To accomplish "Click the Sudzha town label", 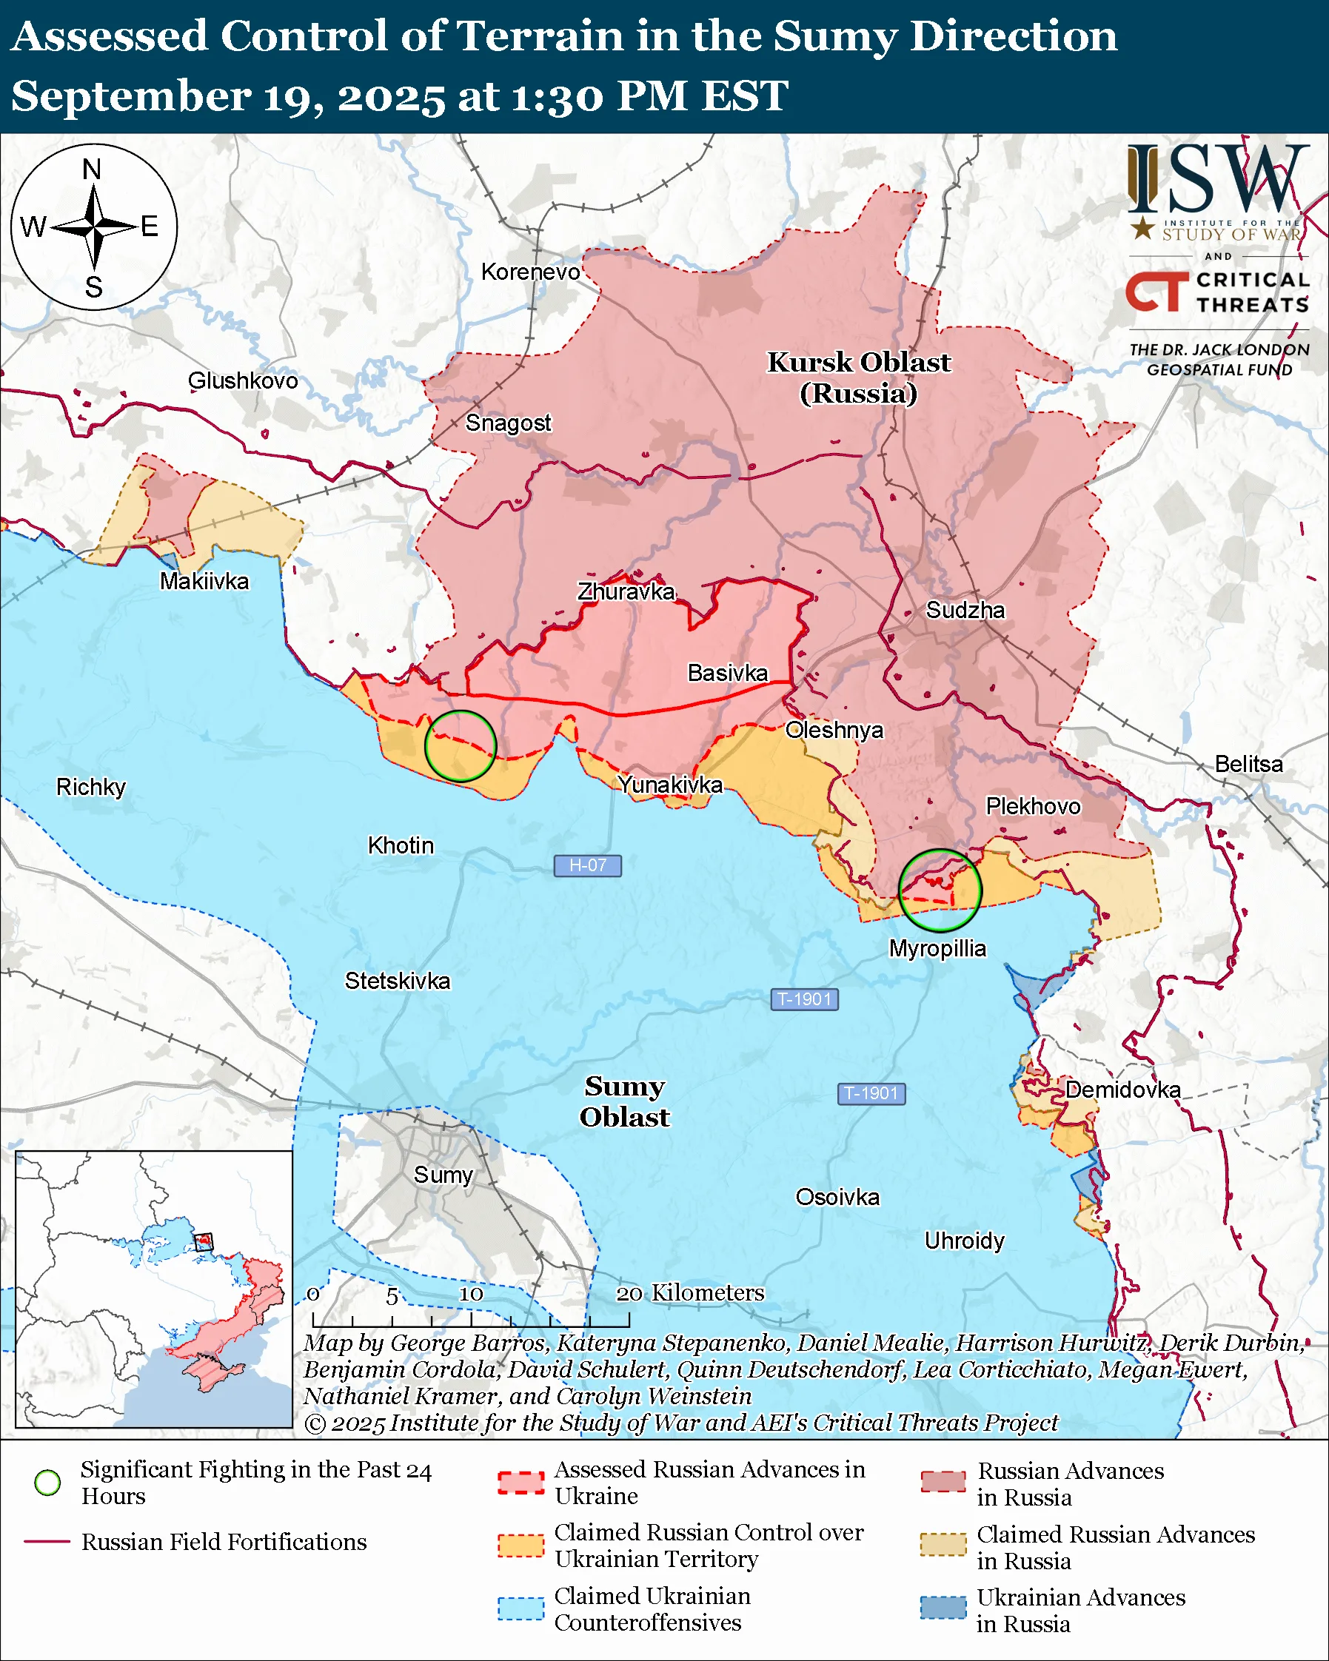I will click(965, 610).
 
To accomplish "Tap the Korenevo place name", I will click(530, 272).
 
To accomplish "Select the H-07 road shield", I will click(587, 865).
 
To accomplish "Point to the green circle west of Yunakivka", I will click(460, 746).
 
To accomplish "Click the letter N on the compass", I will click(92, 170).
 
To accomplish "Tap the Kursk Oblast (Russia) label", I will click(858, 377).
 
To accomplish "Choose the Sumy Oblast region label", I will click(624, 1101).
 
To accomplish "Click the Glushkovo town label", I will click(243, 380).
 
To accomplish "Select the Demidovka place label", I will click(1122, 1090).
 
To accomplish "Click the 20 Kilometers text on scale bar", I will click(690, 1292).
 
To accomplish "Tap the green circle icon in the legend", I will click(48, 1483).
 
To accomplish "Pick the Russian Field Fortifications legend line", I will click(48, 1542).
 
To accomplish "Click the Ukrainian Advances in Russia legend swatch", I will click(943, 1608).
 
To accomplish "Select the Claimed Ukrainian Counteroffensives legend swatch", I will click(520, 1608).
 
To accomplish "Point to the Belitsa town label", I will click(1248, 764).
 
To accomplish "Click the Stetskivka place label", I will click(397, 981).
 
